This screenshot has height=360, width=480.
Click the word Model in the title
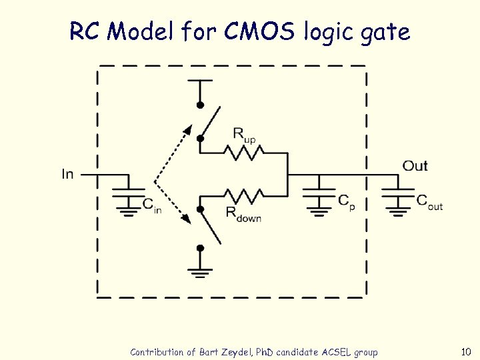point(143,31)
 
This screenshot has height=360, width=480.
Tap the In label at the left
point(67,174)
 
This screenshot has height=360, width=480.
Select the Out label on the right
point(415,165)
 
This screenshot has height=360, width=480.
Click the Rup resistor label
point(243,135)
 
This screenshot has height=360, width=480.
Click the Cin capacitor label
point(152,205)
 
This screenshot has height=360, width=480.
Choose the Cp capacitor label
point(346,201)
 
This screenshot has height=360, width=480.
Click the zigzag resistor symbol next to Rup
point(246,153)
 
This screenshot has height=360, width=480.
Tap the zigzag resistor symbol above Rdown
point(246,196)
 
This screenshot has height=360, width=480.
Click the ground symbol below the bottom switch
point(199,272)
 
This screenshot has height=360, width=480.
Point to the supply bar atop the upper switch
point(199,80)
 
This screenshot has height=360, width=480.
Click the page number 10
point(465,351)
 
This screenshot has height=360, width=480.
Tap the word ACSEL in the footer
point(335,352)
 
